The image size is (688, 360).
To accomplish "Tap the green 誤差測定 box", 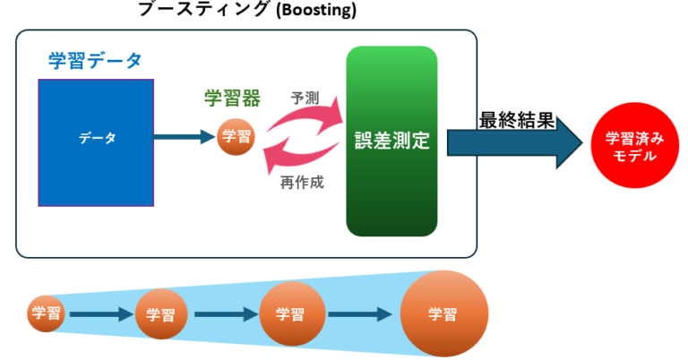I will coord(391,141).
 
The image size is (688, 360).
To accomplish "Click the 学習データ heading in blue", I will coord(95,61).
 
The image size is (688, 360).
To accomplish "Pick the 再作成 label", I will coord(301,182).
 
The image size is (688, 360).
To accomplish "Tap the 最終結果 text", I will coord(514,119).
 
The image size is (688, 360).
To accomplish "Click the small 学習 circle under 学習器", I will coord(236,138).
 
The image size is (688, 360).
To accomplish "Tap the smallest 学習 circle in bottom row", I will coord(45,313).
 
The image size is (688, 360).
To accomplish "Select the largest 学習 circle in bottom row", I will coord(443,314).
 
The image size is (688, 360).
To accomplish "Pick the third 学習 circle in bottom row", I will coord(286,314).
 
